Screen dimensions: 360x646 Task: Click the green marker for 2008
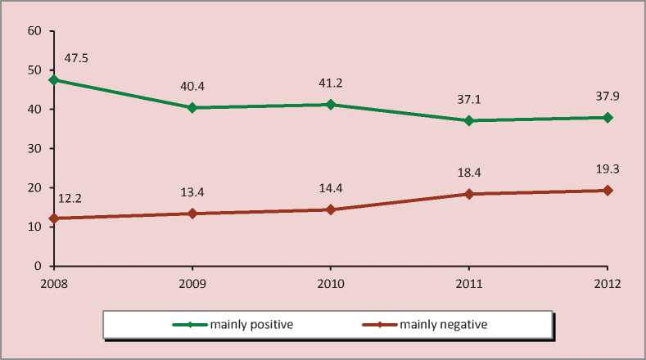54,80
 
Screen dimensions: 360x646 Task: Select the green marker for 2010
331,105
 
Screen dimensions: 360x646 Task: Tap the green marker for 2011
469,120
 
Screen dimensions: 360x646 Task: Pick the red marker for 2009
192,214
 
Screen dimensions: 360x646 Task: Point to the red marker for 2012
608,191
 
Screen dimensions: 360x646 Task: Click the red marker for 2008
54,218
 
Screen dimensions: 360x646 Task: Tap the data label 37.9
608,97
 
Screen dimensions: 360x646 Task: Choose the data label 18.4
469,173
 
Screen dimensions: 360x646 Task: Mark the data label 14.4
331,189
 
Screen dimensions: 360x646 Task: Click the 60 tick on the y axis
34,31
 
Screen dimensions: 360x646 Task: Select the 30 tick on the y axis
34,149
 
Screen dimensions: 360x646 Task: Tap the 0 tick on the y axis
37,267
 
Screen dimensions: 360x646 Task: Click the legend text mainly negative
444,325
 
